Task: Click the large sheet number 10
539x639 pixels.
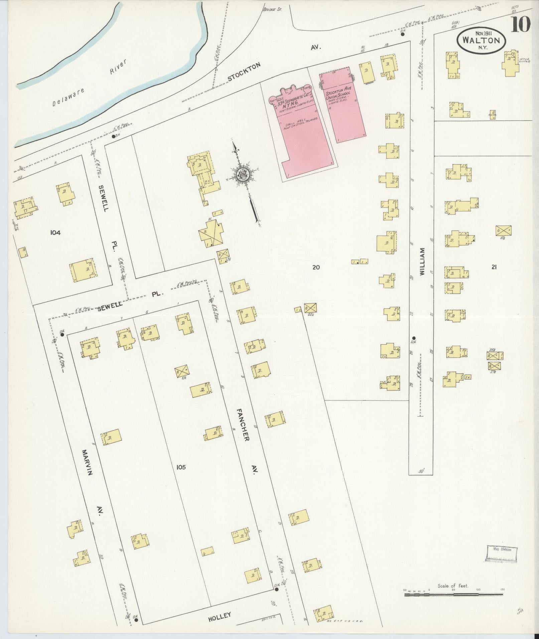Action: tap(520, 24)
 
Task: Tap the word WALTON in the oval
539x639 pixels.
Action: tap(481, 40)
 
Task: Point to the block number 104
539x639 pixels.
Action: tap(55, 232)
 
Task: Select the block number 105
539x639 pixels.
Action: tap(181, 467)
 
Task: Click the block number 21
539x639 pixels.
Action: tap(494, 267)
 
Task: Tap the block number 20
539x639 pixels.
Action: tap(316, 267)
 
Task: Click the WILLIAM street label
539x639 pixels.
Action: tap(422, 261)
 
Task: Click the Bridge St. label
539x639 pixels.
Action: tap(272, 9)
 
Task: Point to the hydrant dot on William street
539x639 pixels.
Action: tap(414, 338)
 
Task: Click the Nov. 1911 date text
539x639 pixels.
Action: tap(481, 33)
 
